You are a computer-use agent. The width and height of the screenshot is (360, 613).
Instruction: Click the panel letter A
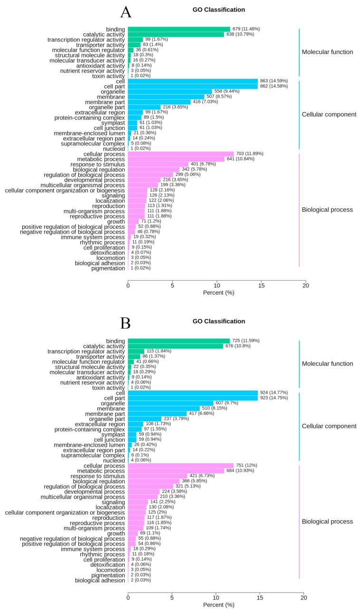coord(126,12)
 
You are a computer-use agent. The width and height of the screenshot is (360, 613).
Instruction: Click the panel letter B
coord(126,323)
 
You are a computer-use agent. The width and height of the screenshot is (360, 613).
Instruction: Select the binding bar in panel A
coord(179,29)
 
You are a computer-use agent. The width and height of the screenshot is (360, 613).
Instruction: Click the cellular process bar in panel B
coord(181,466)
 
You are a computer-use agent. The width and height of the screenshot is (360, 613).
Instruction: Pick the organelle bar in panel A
coord(170,91)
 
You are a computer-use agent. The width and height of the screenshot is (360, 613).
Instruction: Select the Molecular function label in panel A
coord(327,52)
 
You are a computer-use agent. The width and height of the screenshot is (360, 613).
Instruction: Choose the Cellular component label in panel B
coord(329,426)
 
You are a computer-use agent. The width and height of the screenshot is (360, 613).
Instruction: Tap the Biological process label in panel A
coord(327,210)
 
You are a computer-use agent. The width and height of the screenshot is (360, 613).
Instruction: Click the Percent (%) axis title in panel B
coord(218,605)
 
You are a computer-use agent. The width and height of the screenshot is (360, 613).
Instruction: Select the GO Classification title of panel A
coord(219,10)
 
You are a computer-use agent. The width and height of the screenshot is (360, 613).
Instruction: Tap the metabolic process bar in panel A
coord(176,159)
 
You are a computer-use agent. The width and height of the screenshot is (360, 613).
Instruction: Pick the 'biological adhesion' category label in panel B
coord(100,580)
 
